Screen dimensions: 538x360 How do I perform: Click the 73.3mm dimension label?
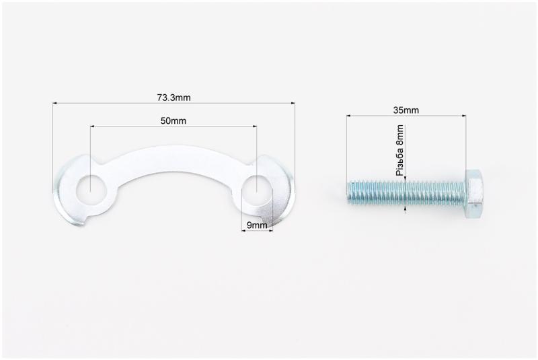(174, 98)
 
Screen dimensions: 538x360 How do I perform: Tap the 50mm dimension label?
(174, 121)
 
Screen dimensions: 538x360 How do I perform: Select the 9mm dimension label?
(257, 225)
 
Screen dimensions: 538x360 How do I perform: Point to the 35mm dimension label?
(406, 110)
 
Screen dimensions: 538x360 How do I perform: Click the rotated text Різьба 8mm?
(399, 150)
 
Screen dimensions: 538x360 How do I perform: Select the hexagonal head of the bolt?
(474, 194)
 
